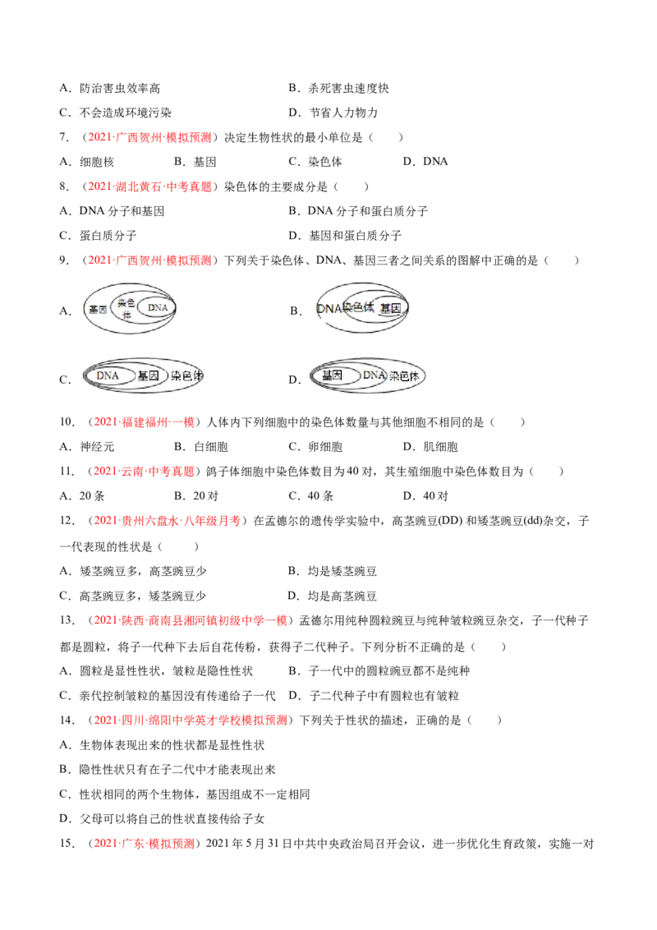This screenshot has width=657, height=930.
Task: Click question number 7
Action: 64,137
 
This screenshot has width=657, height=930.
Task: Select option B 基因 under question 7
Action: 195,162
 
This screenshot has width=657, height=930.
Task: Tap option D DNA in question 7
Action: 425,162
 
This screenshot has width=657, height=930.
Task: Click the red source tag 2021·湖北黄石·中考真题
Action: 150,186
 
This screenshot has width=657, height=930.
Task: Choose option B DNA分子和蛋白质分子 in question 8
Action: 358,211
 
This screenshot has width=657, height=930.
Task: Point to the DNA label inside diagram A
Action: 158,308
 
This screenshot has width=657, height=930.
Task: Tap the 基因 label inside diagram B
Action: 390,308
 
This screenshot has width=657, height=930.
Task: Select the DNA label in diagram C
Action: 108,375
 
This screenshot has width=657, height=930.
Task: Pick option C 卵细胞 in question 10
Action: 315,447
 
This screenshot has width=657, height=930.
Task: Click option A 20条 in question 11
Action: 82,496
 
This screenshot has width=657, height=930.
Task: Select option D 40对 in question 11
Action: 425,496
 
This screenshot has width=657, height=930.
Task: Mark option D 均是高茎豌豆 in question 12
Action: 332,596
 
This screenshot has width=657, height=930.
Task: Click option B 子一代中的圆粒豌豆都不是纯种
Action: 379,671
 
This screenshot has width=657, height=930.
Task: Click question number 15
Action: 67,844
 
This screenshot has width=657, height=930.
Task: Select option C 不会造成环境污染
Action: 115,113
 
